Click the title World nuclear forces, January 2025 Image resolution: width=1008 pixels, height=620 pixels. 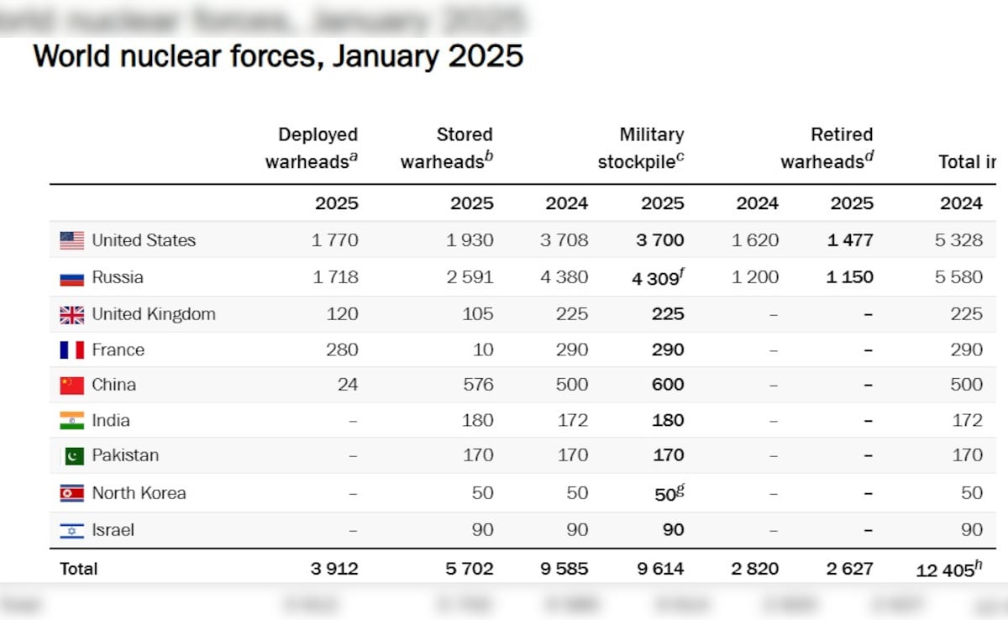(278, 57)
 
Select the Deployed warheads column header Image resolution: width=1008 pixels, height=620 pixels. (312, 148)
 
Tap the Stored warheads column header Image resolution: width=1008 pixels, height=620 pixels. (446, 148)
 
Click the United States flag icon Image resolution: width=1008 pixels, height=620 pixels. (72, 240)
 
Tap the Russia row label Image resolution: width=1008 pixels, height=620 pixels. (118, 277)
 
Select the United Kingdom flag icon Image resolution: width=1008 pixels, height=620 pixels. (72, 314)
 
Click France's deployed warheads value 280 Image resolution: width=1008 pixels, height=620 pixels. (342, 349)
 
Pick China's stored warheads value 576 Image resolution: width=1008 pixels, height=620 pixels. (476, 385)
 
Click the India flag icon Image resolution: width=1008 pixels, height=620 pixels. (72, 420)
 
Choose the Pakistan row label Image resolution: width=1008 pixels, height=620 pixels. (125, 455)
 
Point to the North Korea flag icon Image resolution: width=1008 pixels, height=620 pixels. (72, 493)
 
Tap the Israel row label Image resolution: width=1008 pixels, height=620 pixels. (113, 530)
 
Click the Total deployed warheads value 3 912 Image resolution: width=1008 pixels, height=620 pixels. (334, 569)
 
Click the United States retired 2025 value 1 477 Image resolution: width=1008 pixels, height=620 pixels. (849, 240)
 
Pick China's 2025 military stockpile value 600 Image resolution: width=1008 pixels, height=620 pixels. (668, 385)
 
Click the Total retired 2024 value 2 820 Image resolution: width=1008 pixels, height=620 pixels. (756, 569)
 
